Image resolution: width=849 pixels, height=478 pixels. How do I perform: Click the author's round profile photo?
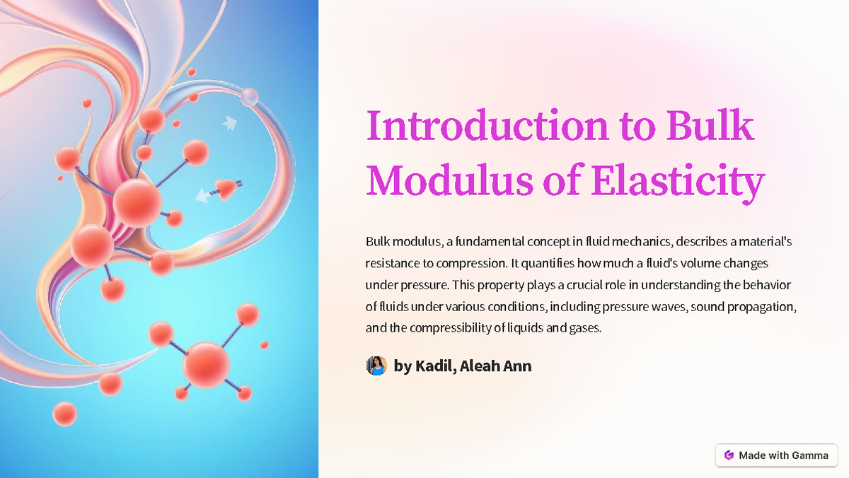click(x=376, y=366)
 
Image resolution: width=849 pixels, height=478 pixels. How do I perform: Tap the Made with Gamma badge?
click(x=776, y=455)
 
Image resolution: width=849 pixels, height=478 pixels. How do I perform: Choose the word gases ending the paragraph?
click(x=584, y=328)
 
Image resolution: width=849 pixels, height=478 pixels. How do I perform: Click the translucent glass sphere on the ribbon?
click(x=248, y=97)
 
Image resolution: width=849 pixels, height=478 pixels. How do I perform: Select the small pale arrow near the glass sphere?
click(x=229, y=124)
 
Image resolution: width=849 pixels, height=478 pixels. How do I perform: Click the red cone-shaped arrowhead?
click(x=225, y=188)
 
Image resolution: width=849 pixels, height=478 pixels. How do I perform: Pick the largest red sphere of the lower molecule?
click(x=206, y=365)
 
